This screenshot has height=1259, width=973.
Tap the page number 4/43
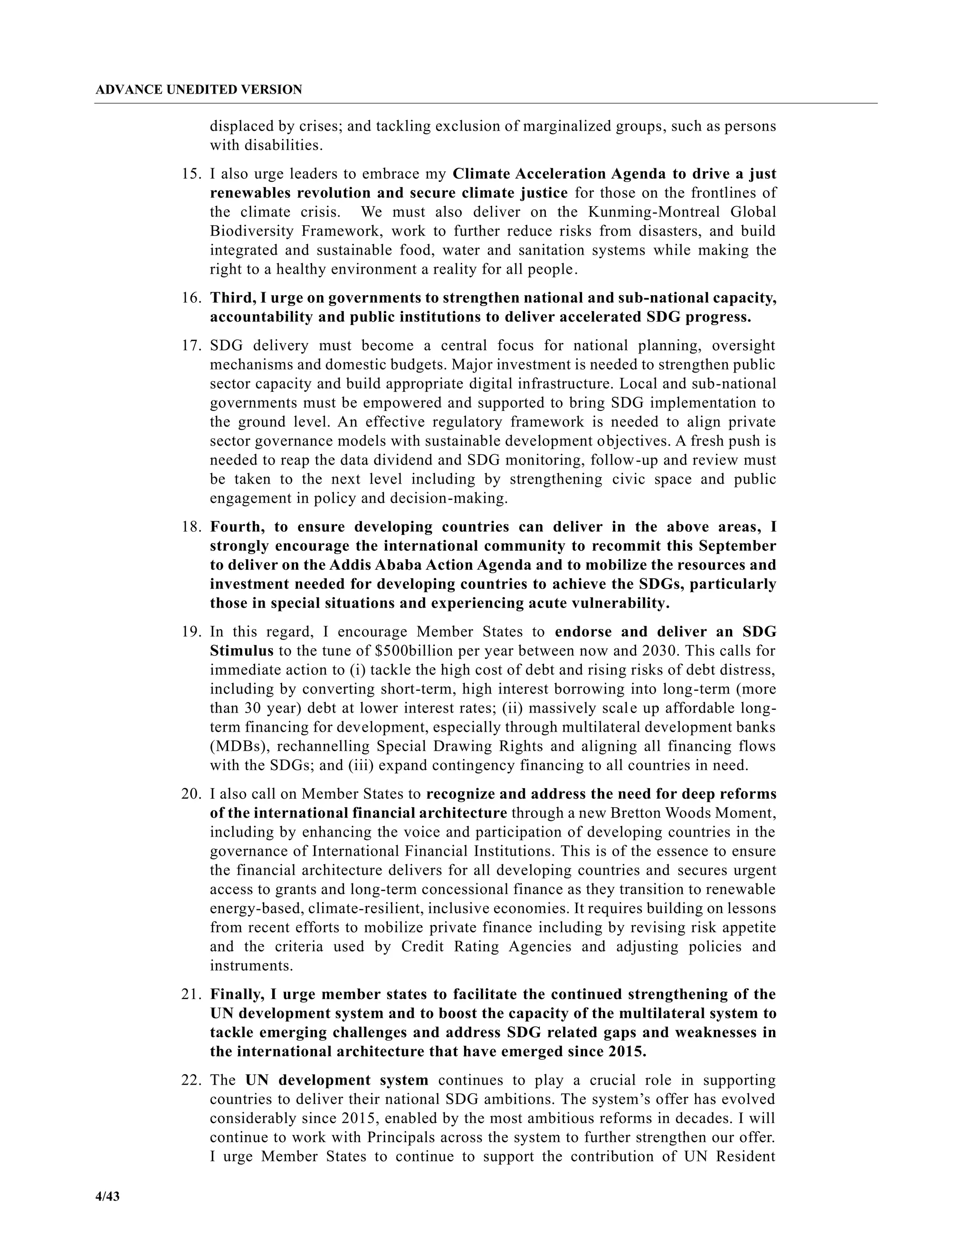108,1196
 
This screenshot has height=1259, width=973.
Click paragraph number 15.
191,173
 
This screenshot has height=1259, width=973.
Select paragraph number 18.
191,526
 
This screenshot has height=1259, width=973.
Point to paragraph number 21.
191,994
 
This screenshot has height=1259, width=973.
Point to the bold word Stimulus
241,651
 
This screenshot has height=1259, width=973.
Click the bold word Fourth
238,526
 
